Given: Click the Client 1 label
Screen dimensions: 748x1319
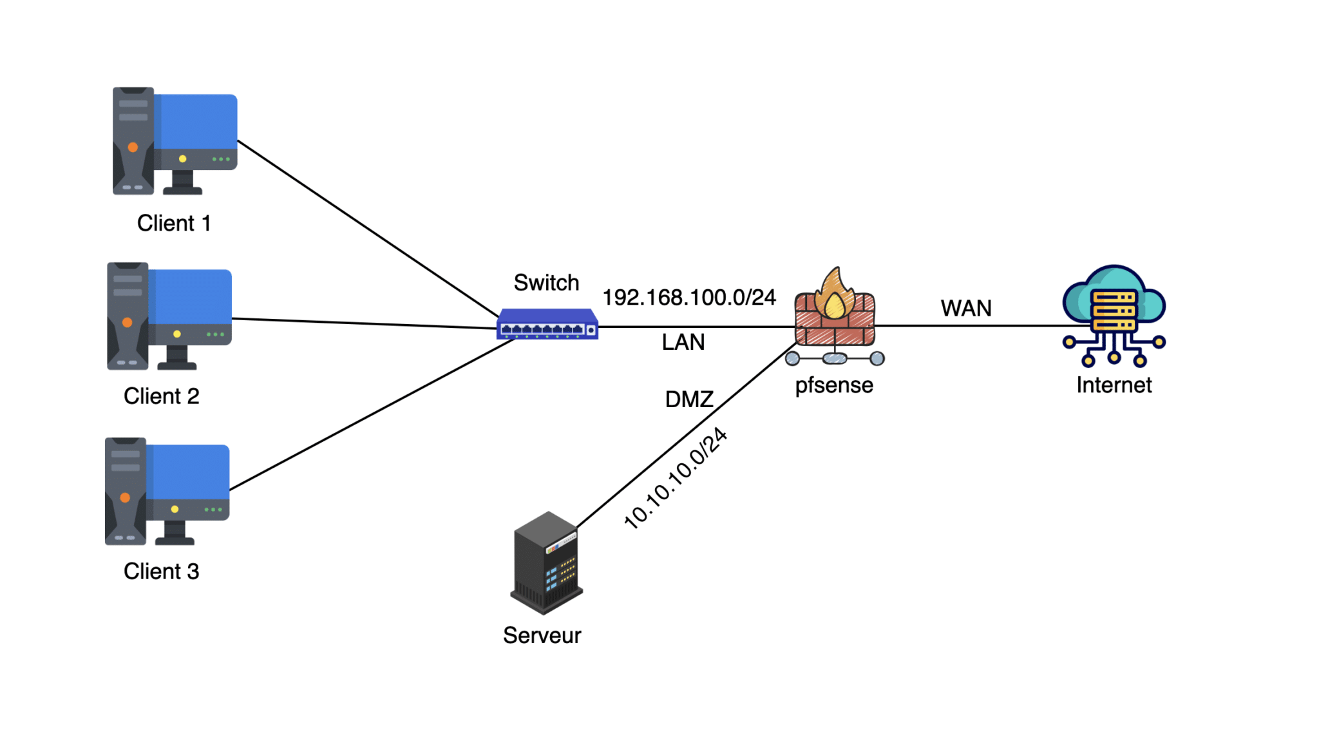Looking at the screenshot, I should [x=174, y=223].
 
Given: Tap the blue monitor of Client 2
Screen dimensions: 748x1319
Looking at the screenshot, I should [x=191, y=296].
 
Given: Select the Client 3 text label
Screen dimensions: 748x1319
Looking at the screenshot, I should [x=161, y=571].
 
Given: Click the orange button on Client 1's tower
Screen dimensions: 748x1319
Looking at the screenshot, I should [x=133, y=147].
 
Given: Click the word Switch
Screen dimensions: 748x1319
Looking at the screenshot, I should [x=546, y=282].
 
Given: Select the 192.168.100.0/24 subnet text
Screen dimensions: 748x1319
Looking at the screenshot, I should [x=688, y=297].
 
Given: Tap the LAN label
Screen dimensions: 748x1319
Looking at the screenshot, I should [x=683, y=341].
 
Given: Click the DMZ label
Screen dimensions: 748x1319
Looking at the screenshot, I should [x=688, y=399].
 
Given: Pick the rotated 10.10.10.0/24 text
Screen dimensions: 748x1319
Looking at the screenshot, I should [x=676, y=478].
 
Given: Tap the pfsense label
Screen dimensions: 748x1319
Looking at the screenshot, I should [x=834, y=385].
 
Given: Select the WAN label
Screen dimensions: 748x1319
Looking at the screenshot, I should [x=965, y=308].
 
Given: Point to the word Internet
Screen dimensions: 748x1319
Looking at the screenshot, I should [x=1114, y=385].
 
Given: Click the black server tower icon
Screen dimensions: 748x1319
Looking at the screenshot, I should [x=546, y=562].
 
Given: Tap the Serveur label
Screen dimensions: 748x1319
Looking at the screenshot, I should [x=542, y=635].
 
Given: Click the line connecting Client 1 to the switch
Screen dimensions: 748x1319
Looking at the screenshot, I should [x=367, y=228].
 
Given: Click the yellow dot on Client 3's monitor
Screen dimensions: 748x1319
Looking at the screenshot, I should [x=175, y=509].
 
